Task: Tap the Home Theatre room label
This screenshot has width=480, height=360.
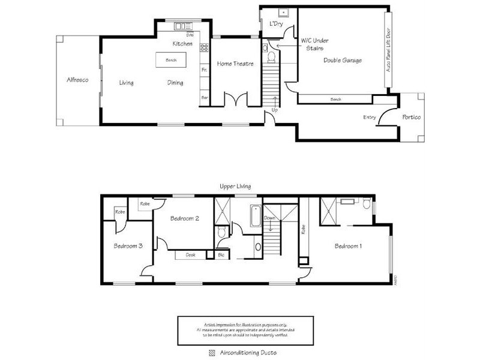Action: click(235, 64)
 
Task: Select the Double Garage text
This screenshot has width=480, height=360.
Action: click(342, 60)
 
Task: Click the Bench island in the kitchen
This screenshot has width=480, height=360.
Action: click(170, 60)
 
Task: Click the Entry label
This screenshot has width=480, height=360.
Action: click(370, 118)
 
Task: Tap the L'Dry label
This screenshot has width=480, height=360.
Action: click(277, 23)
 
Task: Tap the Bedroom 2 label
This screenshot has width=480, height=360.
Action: click(184, 219)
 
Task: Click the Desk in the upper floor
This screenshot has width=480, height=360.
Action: click(190, 255)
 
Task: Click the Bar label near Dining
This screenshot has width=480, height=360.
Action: click(204, 97)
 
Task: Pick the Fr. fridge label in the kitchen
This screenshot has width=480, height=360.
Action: click(204, 70)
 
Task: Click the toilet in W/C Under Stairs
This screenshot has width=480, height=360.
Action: click(271, 57)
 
